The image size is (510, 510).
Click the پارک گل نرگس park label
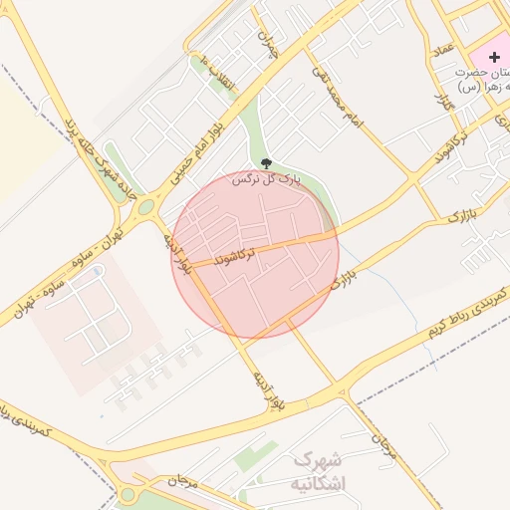266,180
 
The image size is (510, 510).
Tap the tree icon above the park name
266,162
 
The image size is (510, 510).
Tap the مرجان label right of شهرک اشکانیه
384,449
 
